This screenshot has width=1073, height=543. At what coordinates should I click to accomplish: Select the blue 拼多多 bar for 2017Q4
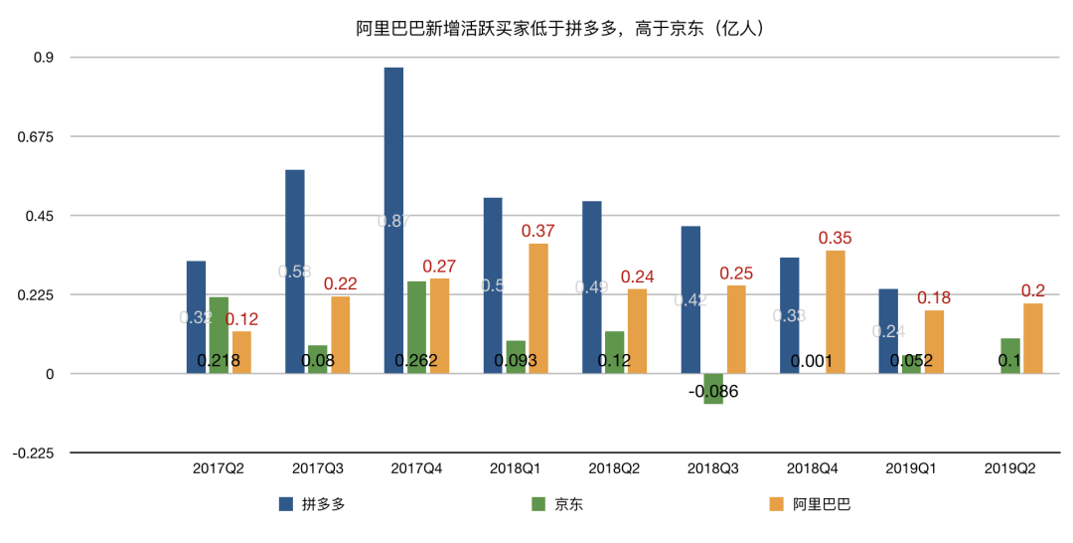[393, 219]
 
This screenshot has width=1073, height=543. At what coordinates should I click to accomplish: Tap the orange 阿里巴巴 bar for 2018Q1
[538, 308]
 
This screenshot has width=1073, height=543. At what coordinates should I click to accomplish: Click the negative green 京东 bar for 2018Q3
[713, 389]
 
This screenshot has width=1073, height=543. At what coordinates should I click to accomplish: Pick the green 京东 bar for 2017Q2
[219, 334]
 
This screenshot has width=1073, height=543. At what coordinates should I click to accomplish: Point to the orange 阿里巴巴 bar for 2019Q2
[1033, 338]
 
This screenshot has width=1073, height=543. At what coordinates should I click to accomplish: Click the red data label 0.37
[537, 231]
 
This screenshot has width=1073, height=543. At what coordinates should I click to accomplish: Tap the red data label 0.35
[836, 238]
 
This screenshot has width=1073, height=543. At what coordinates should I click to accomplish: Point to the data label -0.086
[713, 391]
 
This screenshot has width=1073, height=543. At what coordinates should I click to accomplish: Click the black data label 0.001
[812, 361]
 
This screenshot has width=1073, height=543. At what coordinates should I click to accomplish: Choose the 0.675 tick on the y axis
[36, 136]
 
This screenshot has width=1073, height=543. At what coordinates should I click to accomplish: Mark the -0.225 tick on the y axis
[33, 452]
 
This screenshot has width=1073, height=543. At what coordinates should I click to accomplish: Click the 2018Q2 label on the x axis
[614, 467]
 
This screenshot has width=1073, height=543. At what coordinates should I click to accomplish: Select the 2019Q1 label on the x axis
[911, 467]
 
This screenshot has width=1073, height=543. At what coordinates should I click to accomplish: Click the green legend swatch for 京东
[539, 504]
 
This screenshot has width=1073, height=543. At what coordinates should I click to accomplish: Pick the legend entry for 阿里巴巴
[811, 504]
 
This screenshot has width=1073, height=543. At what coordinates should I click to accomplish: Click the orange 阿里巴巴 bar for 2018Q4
[836, 311]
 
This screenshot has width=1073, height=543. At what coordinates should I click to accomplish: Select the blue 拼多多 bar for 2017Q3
[295, 271]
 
